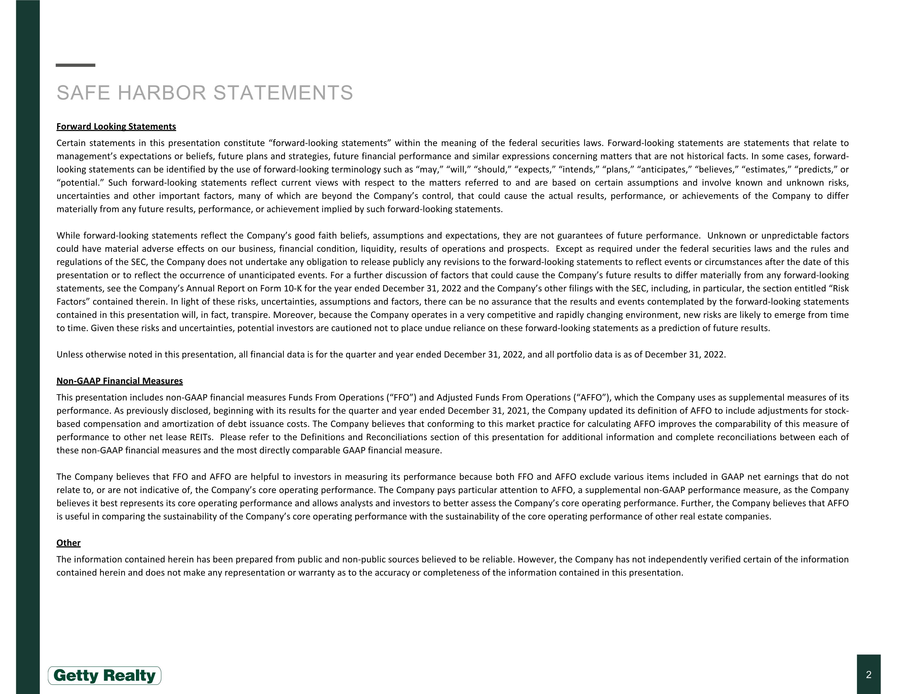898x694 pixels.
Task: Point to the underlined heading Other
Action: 68,543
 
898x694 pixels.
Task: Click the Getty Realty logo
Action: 104,675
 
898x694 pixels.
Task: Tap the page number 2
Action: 868,675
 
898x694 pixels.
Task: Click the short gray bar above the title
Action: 75,65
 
